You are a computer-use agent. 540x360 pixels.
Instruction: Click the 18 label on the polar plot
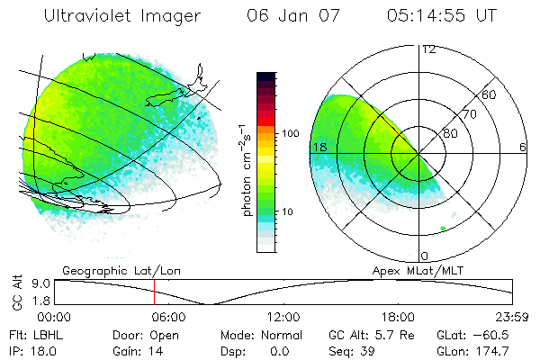click(x=318, y=147)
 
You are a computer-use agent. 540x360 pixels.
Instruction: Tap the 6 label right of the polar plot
click(x=523, y=147)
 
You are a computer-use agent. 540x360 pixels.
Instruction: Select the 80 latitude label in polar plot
click(x=450, y=133)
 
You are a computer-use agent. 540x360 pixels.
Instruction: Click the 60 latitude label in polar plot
click(x=490, y=94)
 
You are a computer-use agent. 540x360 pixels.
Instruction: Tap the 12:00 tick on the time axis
click(x=283, y=317)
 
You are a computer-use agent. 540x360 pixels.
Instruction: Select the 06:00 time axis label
click(x=168, y=317)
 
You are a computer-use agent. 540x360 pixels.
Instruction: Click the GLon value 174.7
click(x=492, y=350)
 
